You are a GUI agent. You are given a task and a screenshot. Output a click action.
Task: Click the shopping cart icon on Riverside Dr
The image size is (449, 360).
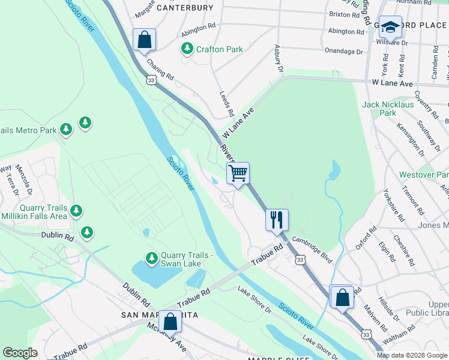click(x=238, y=174)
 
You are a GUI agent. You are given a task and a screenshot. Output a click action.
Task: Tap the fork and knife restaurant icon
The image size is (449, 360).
click(x=277, y=220)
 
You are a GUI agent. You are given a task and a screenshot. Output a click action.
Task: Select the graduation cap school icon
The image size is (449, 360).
click(x=390, y=28)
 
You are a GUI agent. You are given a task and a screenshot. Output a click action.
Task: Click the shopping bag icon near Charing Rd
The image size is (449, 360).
click(x=145, y=40)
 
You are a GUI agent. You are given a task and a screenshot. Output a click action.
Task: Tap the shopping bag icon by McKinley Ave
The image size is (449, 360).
click(x=170, y=322)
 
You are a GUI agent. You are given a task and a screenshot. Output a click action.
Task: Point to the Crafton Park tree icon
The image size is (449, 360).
click(x=188, y=49)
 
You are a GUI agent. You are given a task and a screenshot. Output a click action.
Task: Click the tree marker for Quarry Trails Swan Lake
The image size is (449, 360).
click(x=152, y=259)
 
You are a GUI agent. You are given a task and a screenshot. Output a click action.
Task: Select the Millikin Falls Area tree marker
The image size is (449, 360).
click(x=76, y=211)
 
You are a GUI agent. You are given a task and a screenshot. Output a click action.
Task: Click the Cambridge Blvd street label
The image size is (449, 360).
click(x=312, y=248)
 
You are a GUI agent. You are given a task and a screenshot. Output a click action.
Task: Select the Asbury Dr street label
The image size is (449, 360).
click(x=278, y=59)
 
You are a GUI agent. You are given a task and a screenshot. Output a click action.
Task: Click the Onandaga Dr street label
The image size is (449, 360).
click(x=343, y=52)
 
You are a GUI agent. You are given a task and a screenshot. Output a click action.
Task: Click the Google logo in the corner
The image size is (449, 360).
click(x=20, y=353)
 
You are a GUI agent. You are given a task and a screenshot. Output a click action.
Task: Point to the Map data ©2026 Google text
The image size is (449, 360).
click(x=412, y=355)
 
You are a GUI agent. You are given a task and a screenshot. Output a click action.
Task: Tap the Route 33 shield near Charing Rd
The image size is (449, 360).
click(x=151, y=79)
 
